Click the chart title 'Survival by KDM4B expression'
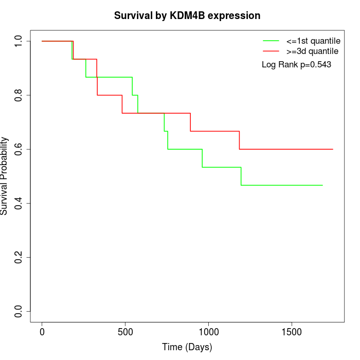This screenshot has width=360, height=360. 187,15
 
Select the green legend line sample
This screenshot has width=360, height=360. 271,40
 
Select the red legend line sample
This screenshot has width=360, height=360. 271,51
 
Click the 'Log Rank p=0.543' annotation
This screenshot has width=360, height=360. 296,65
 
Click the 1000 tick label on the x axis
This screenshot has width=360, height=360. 208,332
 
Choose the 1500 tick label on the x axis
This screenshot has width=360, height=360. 292,332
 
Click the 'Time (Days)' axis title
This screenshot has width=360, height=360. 187,347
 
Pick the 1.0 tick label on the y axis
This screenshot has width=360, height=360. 19,41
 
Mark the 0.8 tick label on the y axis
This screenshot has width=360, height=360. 19,95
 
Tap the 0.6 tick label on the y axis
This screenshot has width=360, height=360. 19,149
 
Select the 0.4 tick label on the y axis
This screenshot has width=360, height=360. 19,203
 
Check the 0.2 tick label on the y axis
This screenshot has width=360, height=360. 19,257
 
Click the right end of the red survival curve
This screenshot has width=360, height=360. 333,149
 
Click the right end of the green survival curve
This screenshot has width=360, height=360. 322,185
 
